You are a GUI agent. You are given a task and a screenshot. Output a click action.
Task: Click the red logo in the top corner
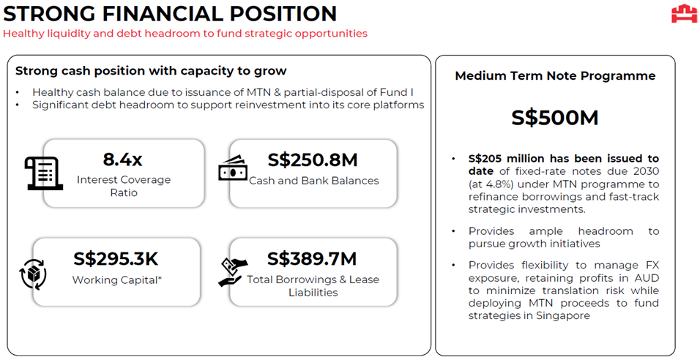point(684,13)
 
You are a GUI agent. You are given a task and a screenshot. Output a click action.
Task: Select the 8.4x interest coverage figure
point(122,160)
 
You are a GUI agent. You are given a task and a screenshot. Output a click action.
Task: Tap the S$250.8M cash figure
point(313,160)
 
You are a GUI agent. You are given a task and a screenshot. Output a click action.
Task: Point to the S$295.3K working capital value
point(116,259)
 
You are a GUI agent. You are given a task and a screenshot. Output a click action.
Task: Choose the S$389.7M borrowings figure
point(312,259)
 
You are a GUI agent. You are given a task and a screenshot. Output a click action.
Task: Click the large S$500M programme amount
point(555,118)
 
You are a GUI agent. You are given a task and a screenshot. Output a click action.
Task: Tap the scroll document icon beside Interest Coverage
point(43,173)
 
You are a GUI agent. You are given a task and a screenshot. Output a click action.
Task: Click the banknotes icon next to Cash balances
point(233,168)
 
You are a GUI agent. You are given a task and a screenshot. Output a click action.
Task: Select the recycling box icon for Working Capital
point(34,274)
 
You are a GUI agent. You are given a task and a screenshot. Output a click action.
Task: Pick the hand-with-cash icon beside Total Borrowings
point(233,272)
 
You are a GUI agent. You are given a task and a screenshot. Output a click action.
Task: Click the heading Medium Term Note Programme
point(555,76)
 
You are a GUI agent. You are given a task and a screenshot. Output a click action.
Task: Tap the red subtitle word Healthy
point(22,34)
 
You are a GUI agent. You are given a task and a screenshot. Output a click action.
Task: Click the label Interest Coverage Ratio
point(124,186)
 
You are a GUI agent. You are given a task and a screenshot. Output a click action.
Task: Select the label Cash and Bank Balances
point(314,181)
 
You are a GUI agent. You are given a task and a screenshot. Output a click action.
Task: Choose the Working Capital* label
point(117,280)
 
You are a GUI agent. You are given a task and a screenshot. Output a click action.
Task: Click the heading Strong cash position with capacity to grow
point(151,71)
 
